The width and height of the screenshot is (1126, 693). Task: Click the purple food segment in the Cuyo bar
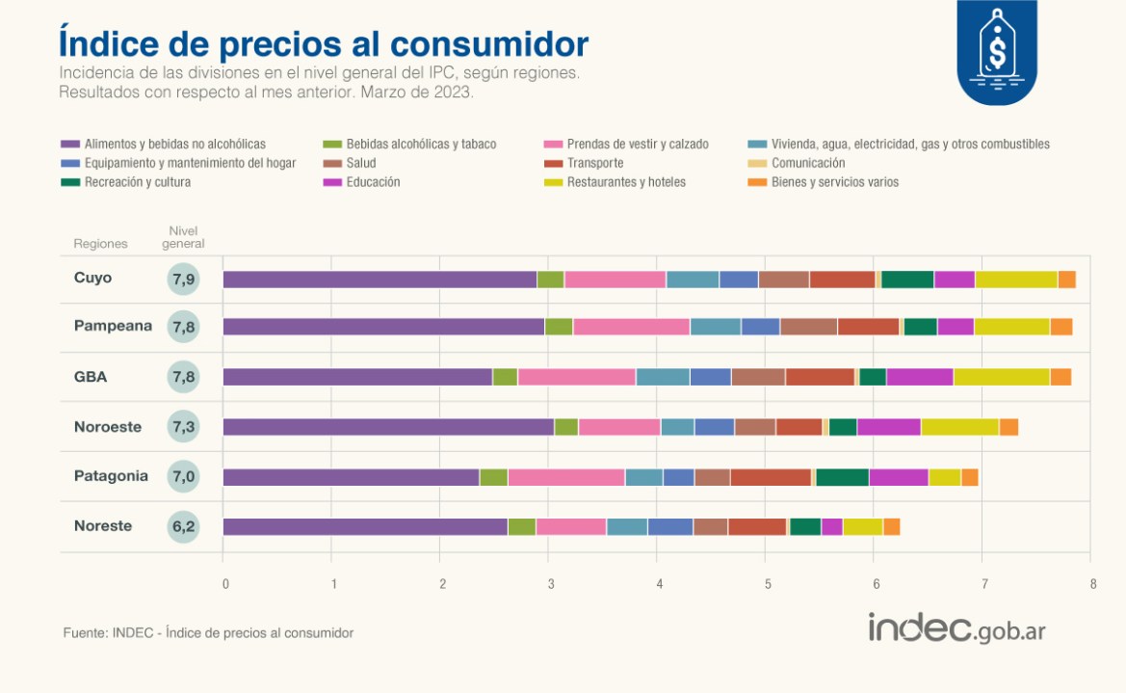click(380, 280)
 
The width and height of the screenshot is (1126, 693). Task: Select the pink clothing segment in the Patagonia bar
click(566, 477)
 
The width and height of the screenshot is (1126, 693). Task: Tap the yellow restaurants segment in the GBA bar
click(1001, 377)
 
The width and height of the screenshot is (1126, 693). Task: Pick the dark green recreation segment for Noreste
click(805, 526)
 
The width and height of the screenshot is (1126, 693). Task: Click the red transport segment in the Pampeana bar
click(868, 327)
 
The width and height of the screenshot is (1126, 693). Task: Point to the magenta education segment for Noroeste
click(888, 427)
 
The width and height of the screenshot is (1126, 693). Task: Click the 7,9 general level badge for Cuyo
click(182, 280)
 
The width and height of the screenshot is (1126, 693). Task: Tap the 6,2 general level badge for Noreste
click(182, 526)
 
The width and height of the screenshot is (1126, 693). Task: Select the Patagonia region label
click(111, 476)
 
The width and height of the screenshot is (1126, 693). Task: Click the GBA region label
click(91, 377)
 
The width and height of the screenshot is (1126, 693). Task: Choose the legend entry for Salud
click(361, 163)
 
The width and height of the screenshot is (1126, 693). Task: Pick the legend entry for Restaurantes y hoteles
click(626, 181)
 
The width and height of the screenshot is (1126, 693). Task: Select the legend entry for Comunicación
click(808, 163)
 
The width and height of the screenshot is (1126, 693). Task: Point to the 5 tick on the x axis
click(768, 584)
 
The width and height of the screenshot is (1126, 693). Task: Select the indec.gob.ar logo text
click(956, 628)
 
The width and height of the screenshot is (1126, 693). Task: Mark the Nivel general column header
click(182, 237)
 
